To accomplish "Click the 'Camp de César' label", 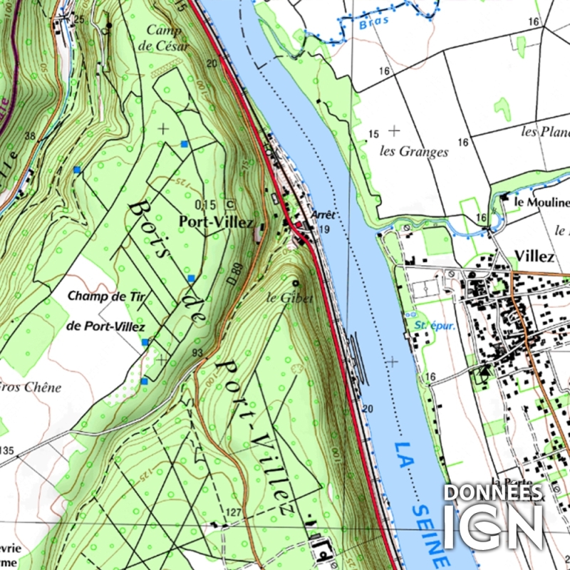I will (168, 37).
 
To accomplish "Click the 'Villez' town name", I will (534, 256).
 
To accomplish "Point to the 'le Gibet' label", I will (290, 298).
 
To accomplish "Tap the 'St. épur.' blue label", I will (428, 326).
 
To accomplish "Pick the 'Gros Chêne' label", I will (32, 388).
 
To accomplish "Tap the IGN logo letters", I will (493, 526).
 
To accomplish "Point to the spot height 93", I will (197, 353).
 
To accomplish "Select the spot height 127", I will (234, 512).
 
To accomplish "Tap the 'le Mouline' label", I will (541, 202).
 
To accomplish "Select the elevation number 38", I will (29, 135).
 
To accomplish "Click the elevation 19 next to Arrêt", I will (324, 229).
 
